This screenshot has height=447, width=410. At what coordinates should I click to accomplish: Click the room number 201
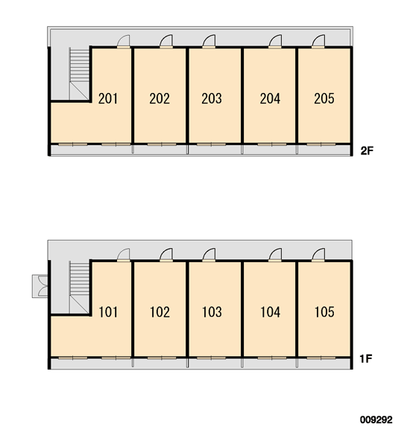click(108, 98)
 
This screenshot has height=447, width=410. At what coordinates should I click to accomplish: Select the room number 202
click(160, 98)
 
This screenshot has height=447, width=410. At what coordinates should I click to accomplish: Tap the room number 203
click(212, 98)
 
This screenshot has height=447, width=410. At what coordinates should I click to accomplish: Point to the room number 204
click(270, 98)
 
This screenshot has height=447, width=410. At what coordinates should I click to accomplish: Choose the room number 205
click(324, 98)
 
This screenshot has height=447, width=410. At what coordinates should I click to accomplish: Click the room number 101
click(108, 312)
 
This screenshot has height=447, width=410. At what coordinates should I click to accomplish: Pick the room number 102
click(160, 312)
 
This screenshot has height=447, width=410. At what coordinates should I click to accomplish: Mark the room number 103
click(212, 312)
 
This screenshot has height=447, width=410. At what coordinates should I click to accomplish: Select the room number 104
click(270, 312)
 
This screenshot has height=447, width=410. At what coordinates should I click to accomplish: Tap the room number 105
click(324, 312)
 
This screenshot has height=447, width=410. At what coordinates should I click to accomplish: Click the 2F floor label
click(367, 150)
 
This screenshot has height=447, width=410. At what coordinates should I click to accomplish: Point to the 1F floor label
click(366, 359)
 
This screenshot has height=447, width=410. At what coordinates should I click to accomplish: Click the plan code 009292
click(376, 420)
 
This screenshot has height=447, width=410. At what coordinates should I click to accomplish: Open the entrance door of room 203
click(209, 41)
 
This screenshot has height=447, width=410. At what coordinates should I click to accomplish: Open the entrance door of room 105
click(318, 255)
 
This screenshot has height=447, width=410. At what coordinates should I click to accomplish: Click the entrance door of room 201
click(124, 41)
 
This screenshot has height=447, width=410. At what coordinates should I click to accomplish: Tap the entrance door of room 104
click(275, 255)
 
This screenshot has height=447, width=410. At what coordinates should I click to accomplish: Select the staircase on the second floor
click(79, 74)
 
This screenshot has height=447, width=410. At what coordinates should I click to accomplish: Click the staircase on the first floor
click(79, 288)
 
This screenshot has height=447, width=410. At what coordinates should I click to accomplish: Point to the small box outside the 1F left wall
click(40, 286)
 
